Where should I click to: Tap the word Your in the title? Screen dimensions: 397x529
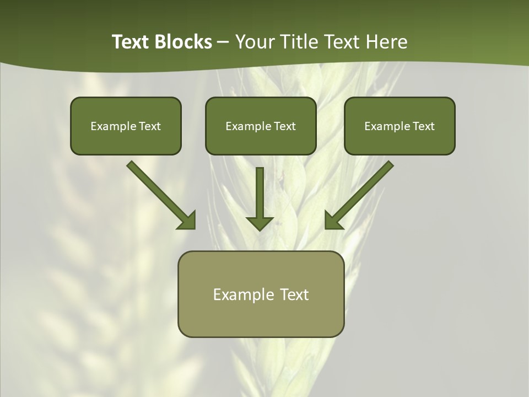point(256,42)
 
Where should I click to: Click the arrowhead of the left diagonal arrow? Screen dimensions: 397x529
point(187,221)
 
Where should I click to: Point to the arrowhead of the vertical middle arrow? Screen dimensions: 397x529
point(260,223)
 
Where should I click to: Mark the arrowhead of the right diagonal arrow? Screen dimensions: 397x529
point(333,221)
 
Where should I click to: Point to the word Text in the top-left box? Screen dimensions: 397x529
point(149,126)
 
